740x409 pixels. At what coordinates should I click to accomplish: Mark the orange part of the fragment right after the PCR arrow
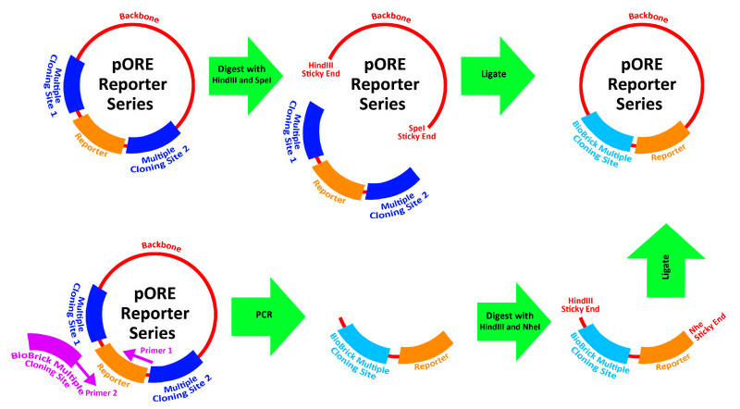425,350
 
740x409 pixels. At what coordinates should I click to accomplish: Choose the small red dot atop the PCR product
340,320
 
